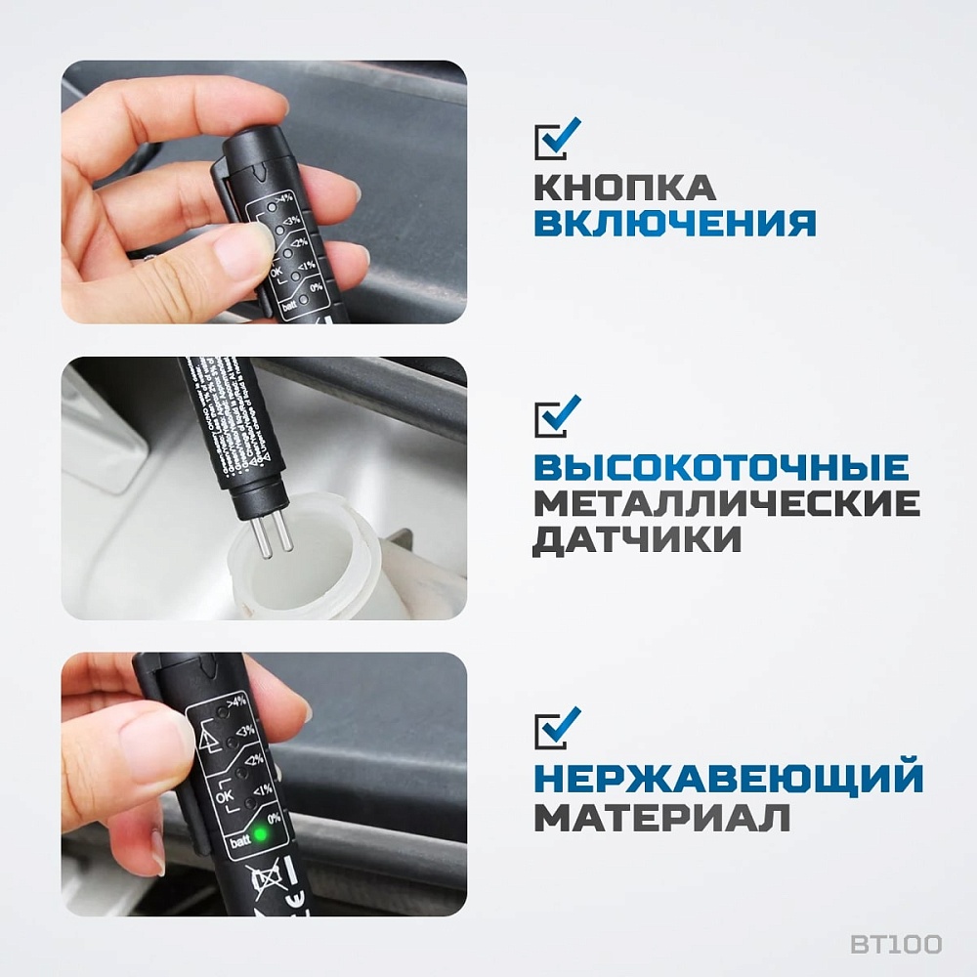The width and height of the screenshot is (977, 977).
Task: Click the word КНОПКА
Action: [x=625, y=187]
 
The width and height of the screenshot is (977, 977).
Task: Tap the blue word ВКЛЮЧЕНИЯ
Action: [x=675, y=224]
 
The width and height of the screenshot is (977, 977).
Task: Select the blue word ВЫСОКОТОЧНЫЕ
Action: [x=721, y=467]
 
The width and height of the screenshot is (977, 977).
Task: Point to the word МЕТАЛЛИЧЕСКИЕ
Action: [x=726, y=503]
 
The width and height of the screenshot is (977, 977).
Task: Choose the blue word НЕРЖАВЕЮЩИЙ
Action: [x=729, y=780]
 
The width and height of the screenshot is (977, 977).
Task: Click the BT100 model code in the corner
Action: [x=895, y=944]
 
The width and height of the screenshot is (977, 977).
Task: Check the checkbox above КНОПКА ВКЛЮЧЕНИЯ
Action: [x=556, y=139]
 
